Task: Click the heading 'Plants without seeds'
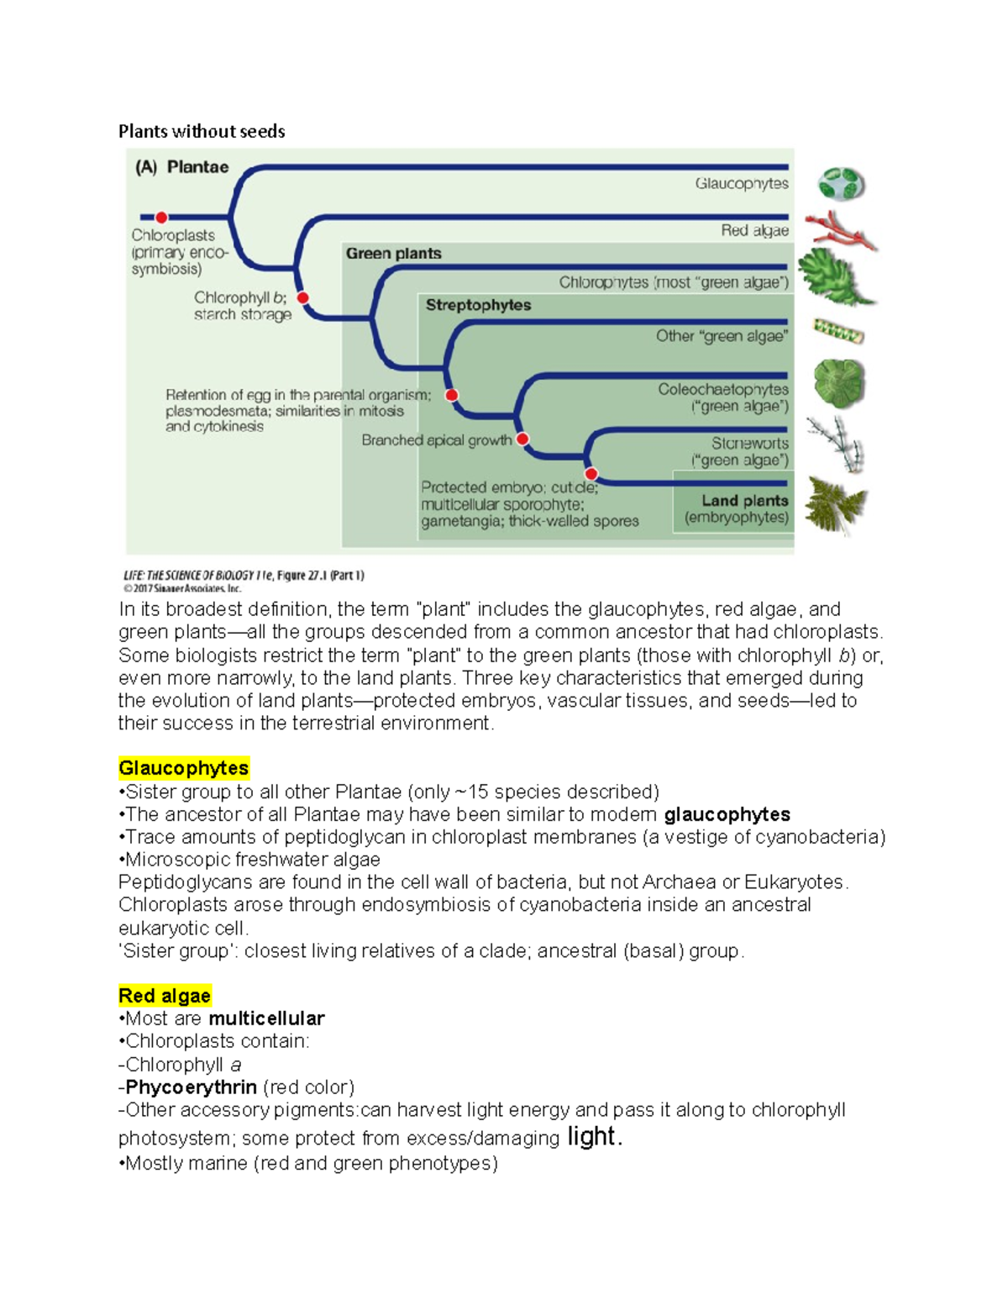point(202,131)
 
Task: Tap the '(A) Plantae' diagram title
point(182,167)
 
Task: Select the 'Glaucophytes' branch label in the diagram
point(741,183)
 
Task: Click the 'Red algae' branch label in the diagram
point(754,230)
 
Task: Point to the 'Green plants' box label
point(393,254)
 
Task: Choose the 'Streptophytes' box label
point(478,305)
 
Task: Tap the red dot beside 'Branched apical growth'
point(522,439)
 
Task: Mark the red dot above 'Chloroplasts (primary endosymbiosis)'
point(161,218)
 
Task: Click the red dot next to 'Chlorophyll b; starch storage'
point(303,297)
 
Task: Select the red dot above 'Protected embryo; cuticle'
point(591,474)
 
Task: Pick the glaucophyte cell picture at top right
point(841,184)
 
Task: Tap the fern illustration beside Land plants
point(835,504)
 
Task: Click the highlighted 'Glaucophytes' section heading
point(183,768)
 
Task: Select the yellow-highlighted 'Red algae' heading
point(165,996)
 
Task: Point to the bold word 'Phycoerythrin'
point(191,1087)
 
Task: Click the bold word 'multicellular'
point(266,1018)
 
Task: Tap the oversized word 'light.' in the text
point(595,1136)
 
